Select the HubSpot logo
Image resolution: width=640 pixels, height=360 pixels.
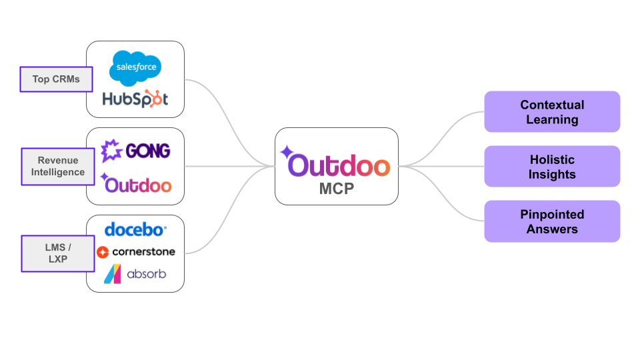pyautogui.click(x=135, y=99)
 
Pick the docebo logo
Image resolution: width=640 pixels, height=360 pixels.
pyautogui.click(x=135, y=230)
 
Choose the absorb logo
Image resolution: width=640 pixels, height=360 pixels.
pyautogui.click(x=135, y=274)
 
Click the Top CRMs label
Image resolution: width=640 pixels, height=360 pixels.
pyautogui.click(x=56, y=79)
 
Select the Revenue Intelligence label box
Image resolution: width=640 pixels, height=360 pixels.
pyautogui.click(x=57, y=167)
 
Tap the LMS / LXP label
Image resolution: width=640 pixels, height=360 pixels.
pyautogui.click(x=57, y=253)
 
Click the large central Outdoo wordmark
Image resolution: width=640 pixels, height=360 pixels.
pyautogui.click(x=337, y=165)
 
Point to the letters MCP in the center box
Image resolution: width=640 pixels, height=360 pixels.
pyautogui.click(x=337, y=189)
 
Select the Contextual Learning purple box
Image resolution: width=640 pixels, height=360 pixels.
pyautogui.click(x=552, y=112)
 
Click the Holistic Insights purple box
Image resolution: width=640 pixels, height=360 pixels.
pyautogui.click(x=552, y=167)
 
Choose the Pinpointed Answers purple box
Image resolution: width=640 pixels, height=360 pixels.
pyautogui.click(x=552, y=221)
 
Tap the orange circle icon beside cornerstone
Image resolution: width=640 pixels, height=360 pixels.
pyautogui.click(x=103, y=252)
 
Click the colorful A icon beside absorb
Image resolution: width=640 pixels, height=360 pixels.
pyautogui.click(x=112, y=274)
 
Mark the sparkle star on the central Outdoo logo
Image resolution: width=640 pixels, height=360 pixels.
pyautogui.click(x=287, y=151)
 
